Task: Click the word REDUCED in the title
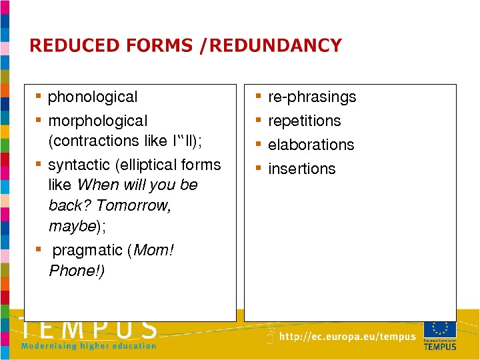(75, 45)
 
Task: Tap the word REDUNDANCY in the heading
(275, 45)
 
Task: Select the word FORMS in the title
(159, 45)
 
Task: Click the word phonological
(93, 97)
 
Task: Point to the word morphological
(97, 121)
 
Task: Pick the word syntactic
(79, 165)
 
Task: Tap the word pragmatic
(87, 251)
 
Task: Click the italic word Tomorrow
(133, 205)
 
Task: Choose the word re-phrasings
(312, 97)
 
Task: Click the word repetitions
(304, 121)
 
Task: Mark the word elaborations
(311, 145)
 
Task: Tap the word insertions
(302, 169)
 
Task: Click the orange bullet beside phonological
(38, 96)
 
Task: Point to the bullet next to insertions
(259, 168)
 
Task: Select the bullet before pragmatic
(38, 249)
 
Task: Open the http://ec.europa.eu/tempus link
(347, 337)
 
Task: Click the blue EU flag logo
(440, 329)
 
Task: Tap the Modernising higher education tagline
(89, 346)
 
